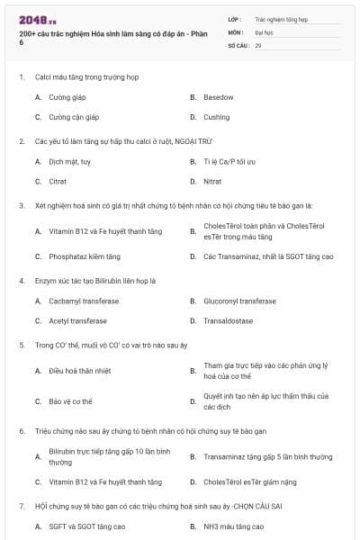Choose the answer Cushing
click(x=216, y=117)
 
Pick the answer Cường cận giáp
click(x=74, y=117)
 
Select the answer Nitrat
click(x=212, y=181)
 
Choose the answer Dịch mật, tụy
click(x=69, y=161)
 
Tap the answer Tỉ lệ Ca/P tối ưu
click(x=229, y=161)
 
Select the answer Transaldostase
click(x=228, y=320)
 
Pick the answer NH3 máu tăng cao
click(x=233, y=526)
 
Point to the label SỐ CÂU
click(x=237, y=44)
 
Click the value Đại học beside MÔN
click(x=265, y=31)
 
